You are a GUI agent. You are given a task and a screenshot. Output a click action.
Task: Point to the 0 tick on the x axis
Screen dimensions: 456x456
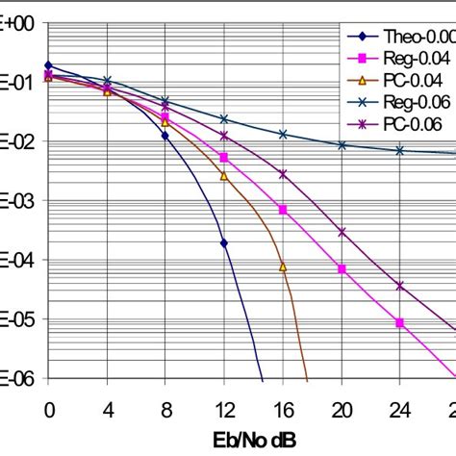point(49,408)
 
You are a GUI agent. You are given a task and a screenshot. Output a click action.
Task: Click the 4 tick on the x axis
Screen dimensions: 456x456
point(107,408)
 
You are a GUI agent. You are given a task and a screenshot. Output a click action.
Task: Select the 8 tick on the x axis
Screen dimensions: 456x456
point(165,408)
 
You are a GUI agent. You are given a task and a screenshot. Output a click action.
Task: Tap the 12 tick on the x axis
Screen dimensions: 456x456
point(224,408)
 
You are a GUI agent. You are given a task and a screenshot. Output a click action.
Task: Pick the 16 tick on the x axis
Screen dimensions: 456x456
point(283,408)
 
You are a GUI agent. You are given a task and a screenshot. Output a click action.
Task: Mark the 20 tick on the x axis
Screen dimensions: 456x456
point(342,408)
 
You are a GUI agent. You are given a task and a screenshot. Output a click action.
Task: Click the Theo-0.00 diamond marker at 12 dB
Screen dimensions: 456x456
point(224,242)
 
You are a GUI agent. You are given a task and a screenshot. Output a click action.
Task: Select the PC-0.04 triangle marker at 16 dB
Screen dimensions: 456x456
point(283,266)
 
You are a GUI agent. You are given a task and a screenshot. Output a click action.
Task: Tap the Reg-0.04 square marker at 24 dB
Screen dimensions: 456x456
point(400,322)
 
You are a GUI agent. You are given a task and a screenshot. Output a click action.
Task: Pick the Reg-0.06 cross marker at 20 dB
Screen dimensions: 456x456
point(342,145)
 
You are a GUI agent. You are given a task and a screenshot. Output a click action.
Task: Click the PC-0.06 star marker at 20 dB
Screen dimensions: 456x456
point(342,232)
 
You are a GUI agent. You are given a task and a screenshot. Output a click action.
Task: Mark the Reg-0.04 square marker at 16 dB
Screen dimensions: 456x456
point(283,209)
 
